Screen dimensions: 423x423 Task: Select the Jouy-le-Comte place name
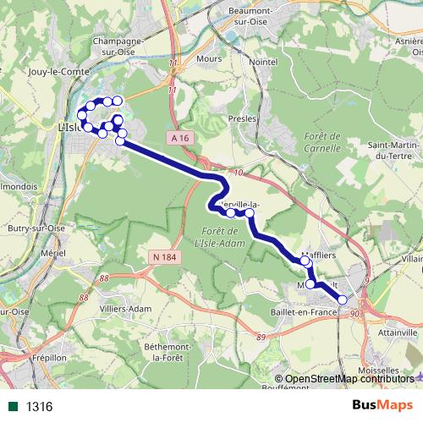tap(58, 73)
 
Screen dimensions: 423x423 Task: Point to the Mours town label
tap(208, 59)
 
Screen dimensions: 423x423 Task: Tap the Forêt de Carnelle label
tap(321, 142)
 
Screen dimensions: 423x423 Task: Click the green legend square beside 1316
tap(13, 407)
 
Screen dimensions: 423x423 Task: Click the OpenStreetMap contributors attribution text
tap(349, 378)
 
